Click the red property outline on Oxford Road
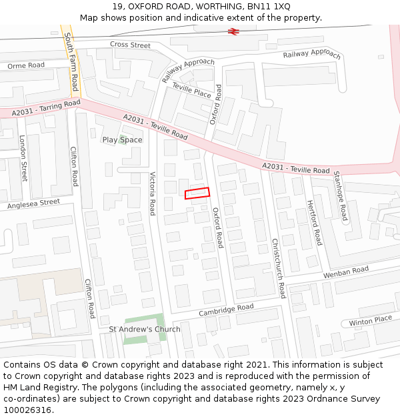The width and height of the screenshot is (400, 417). (197, 193)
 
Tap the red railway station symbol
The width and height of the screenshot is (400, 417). (233, 31)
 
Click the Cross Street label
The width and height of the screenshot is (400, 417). (131, 45)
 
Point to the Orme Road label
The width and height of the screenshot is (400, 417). (25, 65)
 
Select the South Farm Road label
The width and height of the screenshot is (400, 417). (71, 64)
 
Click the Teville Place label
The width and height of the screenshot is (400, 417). (191, 91)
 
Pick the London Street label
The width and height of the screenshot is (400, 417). (23, 158)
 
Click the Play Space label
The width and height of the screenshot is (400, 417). (122, 140)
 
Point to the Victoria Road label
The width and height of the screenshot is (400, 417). (152, 193)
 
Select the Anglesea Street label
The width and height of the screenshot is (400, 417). (33, 204)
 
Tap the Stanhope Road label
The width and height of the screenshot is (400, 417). (341, 195)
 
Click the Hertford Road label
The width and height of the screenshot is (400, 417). (314, 222)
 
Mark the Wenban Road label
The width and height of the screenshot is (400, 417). (346, 272)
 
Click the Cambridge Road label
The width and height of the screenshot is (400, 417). (226, 310)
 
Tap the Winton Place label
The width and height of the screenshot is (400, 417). (370, 321)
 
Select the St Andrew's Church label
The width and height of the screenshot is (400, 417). (145, 330)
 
